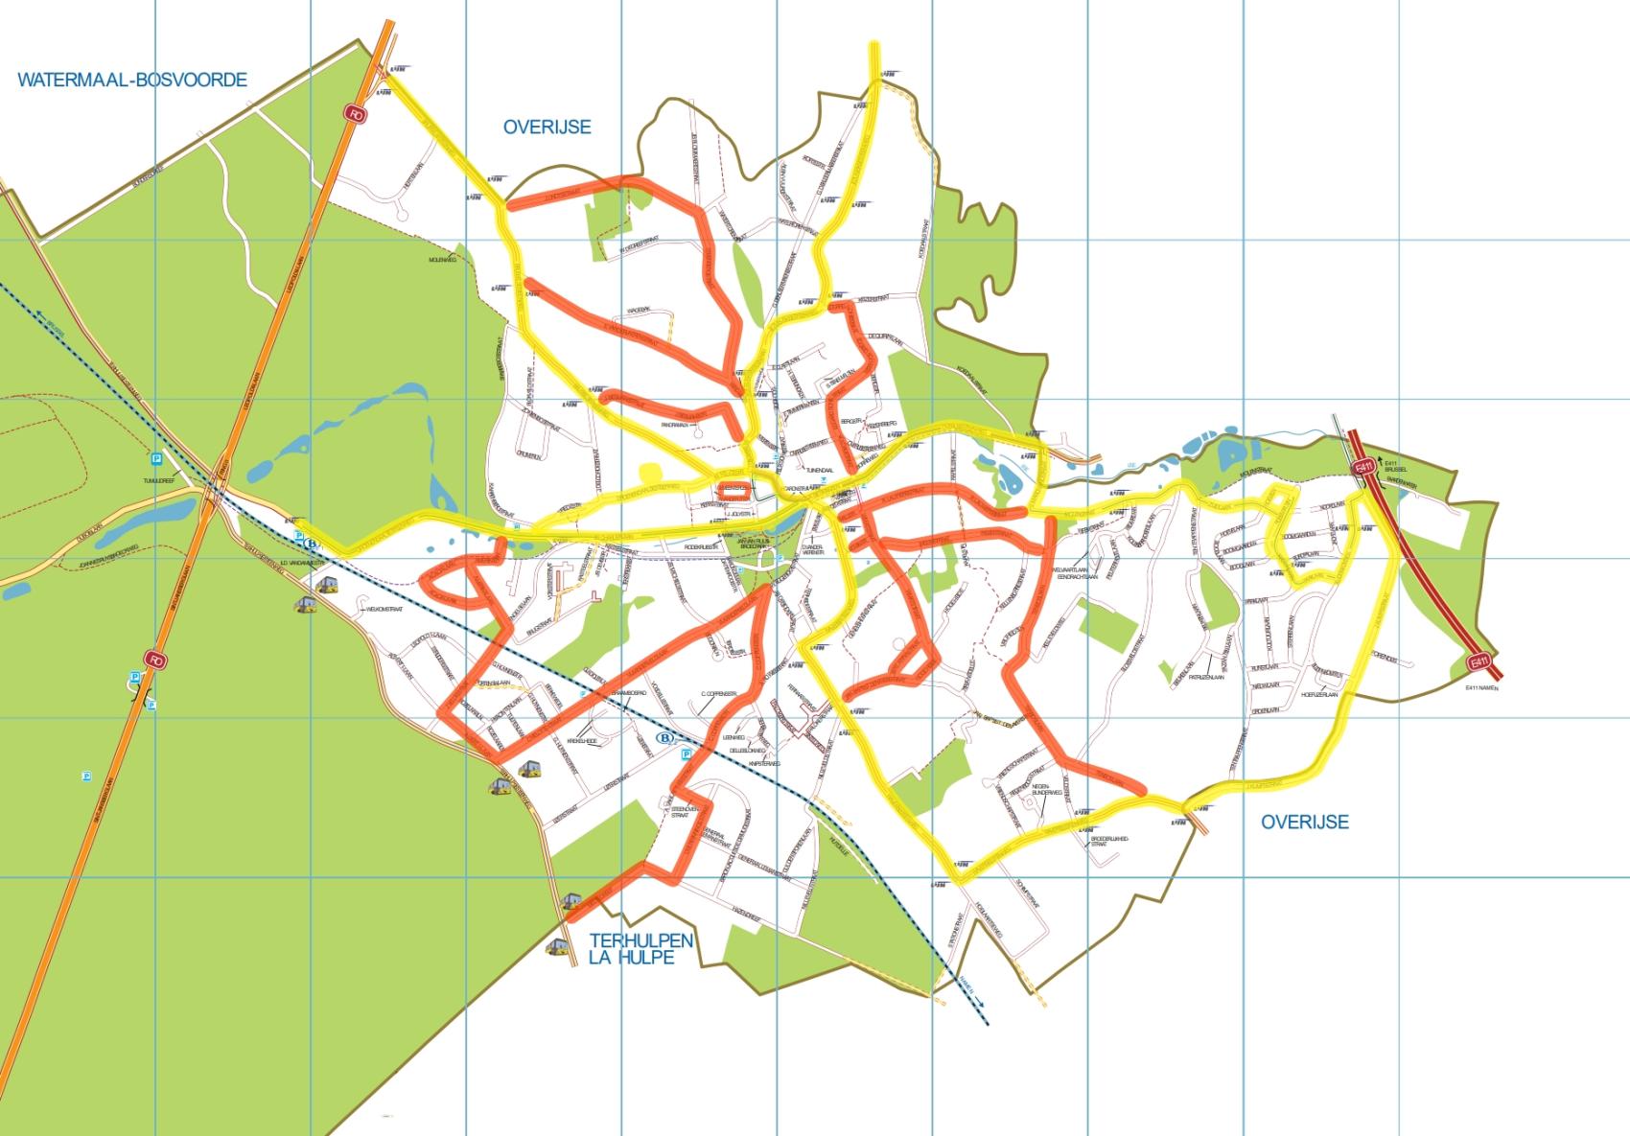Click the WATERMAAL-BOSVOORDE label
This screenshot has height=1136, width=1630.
(x=132, y=80)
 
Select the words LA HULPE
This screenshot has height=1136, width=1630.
(x=634, y=958)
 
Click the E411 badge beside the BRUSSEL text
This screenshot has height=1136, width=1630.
(x=1362, y=467)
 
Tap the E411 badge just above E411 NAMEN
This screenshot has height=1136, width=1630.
(x=1479, y=661)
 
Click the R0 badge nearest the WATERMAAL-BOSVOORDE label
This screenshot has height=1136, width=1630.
(x=357, y=114)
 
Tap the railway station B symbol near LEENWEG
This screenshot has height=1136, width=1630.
(x=664, y=737)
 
